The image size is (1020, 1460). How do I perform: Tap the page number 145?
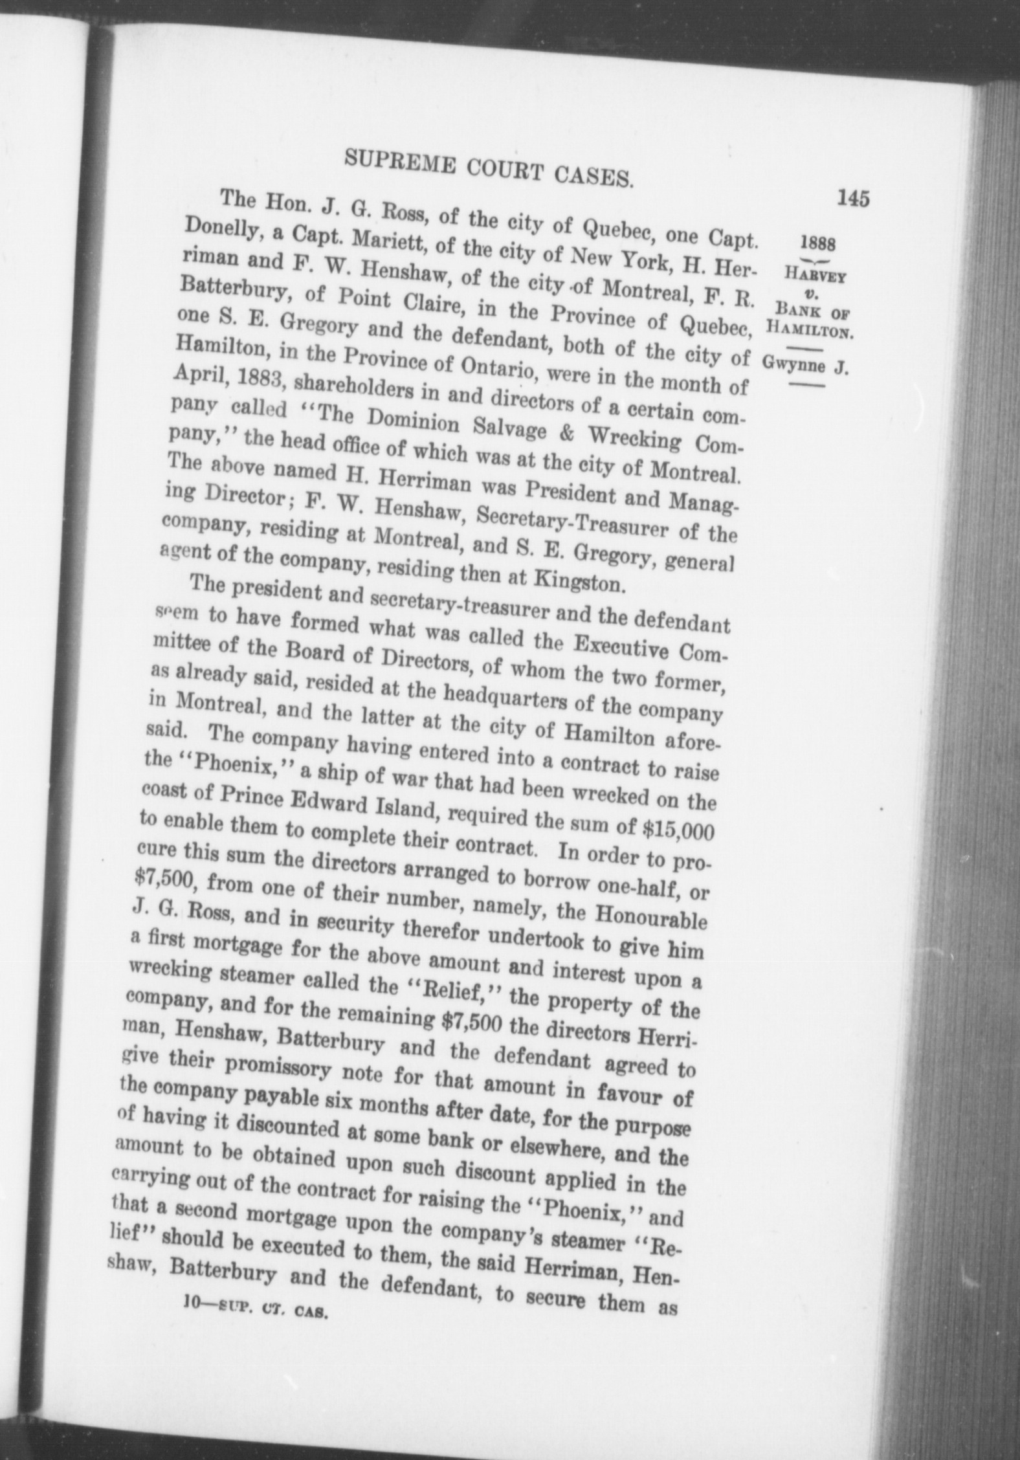[852, 197]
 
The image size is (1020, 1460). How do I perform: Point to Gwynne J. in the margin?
[806, 366]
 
